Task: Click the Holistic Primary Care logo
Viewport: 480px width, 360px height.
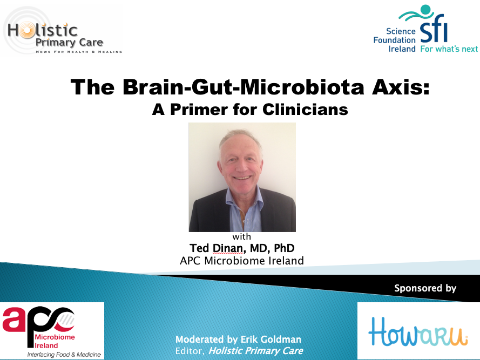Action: [x=61, y=31]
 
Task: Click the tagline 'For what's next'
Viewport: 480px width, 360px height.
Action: [x=449, y=49]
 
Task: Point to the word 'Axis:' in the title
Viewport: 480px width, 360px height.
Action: [x=401, y=87]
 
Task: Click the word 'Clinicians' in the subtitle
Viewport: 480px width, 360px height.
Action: [x=305, y=109]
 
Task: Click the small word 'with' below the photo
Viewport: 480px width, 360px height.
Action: [x=241, y=236]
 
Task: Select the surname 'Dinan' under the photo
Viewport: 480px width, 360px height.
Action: [x=228, y=248]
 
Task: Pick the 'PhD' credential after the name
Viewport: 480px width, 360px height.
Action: [x=284, y=248]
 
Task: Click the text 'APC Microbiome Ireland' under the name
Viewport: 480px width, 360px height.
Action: [x=242, y=261]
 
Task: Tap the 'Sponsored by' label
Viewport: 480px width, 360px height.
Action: [x=425, y=288]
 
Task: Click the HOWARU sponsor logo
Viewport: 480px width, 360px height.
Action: [x=418, y=331]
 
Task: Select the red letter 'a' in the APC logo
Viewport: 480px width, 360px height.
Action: [x=15, y=320]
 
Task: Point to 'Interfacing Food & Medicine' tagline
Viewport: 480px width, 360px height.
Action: [x=64, y=355]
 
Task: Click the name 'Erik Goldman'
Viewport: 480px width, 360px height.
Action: [x=271, y=339]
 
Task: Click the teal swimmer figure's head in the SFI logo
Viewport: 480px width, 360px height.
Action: [x=425, y=10]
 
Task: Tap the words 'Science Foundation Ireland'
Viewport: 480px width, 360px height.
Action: [x=394, y=40]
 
